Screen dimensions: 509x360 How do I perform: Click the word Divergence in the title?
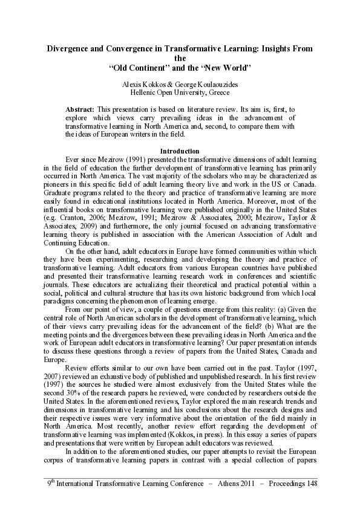point(71,48)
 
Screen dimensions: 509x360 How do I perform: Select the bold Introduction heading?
point(180,150)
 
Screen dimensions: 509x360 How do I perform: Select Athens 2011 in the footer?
point(219,485)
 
